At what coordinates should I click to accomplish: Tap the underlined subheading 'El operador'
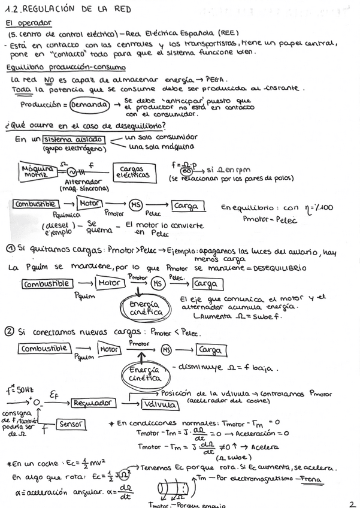point(28,23)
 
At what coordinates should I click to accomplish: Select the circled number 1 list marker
point(11,248)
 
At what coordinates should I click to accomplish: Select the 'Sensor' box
point(69,424)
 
